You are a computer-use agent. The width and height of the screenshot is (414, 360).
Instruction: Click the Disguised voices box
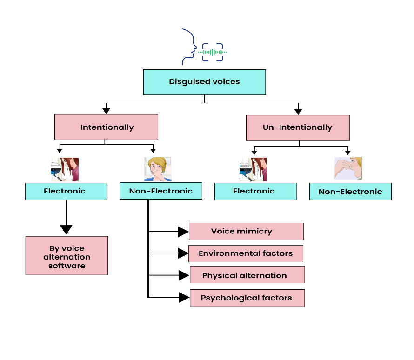click(x=204, y=82)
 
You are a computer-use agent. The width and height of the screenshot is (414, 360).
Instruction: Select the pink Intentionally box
click(x=106, y=127)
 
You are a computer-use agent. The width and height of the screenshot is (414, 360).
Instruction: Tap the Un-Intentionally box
click(x=297, y=127)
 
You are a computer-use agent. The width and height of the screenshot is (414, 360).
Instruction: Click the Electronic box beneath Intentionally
click(x=66, y=191)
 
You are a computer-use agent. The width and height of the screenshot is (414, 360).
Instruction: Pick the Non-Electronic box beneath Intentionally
click(x=160, y=191)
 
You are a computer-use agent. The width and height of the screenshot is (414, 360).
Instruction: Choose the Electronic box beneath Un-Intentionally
click(x=255, y=191)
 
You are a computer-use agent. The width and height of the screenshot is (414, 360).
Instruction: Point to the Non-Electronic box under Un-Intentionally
click(x=350, y=192)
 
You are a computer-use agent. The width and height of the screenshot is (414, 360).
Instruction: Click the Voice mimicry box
click(x=246, y=231)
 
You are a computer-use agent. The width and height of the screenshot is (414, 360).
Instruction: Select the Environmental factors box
click(x=246, y=253)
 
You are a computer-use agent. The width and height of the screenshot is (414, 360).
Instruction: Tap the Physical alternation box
click(x=247, y=275)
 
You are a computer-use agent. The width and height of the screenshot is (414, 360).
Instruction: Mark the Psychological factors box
click(x=247, y=298)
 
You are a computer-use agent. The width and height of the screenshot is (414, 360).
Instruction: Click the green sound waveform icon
click(x=213, y=53)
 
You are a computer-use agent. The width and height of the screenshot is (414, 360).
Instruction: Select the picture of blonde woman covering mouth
click(x=158, y=169)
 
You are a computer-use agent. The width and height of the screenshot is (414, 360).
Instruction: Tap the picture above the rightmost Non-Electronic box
click(x=348, y=169)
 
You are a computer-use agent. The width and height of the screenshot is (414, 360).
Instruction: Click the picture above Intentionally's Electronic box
click(x=65, y=169)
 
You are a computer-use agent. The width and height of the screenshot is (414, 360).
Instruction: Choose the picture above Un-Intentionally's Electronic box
click(x=253, y=169)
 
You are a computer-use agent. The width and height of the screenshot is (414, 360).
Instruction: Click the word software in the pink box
click(x=67, y=266)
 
